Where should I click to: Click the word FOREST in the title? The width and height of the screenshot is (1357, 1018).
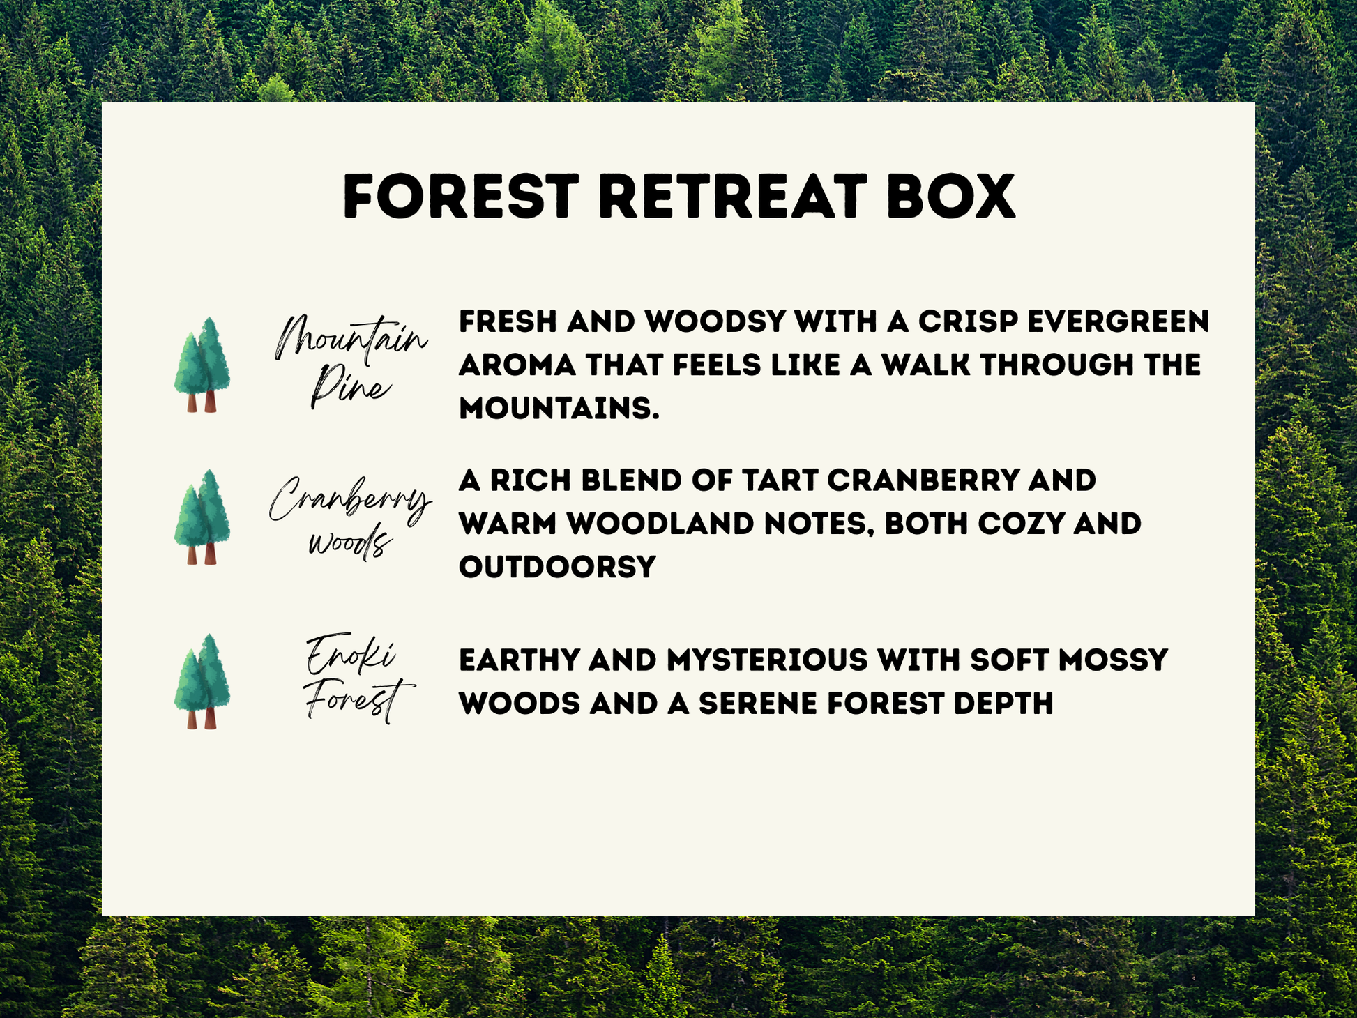pyautogui.click(x=461, y=197)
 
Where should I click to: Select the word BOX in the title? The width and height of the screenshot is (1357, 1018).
pyautogui.click(x=951, y=197)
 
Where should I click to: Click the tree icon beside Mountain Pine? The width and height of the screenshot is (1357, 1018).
pyautogui.click(x=202, y=365)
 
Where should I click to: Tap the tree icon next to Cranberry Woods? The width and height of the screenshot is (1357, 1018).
pyautogui.click(x=202, y=517)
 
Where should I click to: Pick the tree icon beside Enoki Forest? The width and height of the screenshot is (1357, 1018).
pyautogui.click(x=202, y=681)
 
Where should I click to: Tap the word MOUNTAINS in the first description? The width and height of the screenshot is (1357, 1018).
pyautogui.click(x=559, y=409)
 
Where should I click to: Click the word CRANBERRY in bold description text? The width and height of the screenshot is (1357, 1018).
pyautogui.click(x=913, y=480)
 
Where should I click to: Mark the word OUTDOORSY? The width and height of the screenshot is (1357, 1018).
pyautogui.click(x=558, y=567)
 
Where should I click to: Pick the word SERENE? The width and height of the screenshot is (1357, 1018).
pyautogui.click(x=758, y=704)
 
